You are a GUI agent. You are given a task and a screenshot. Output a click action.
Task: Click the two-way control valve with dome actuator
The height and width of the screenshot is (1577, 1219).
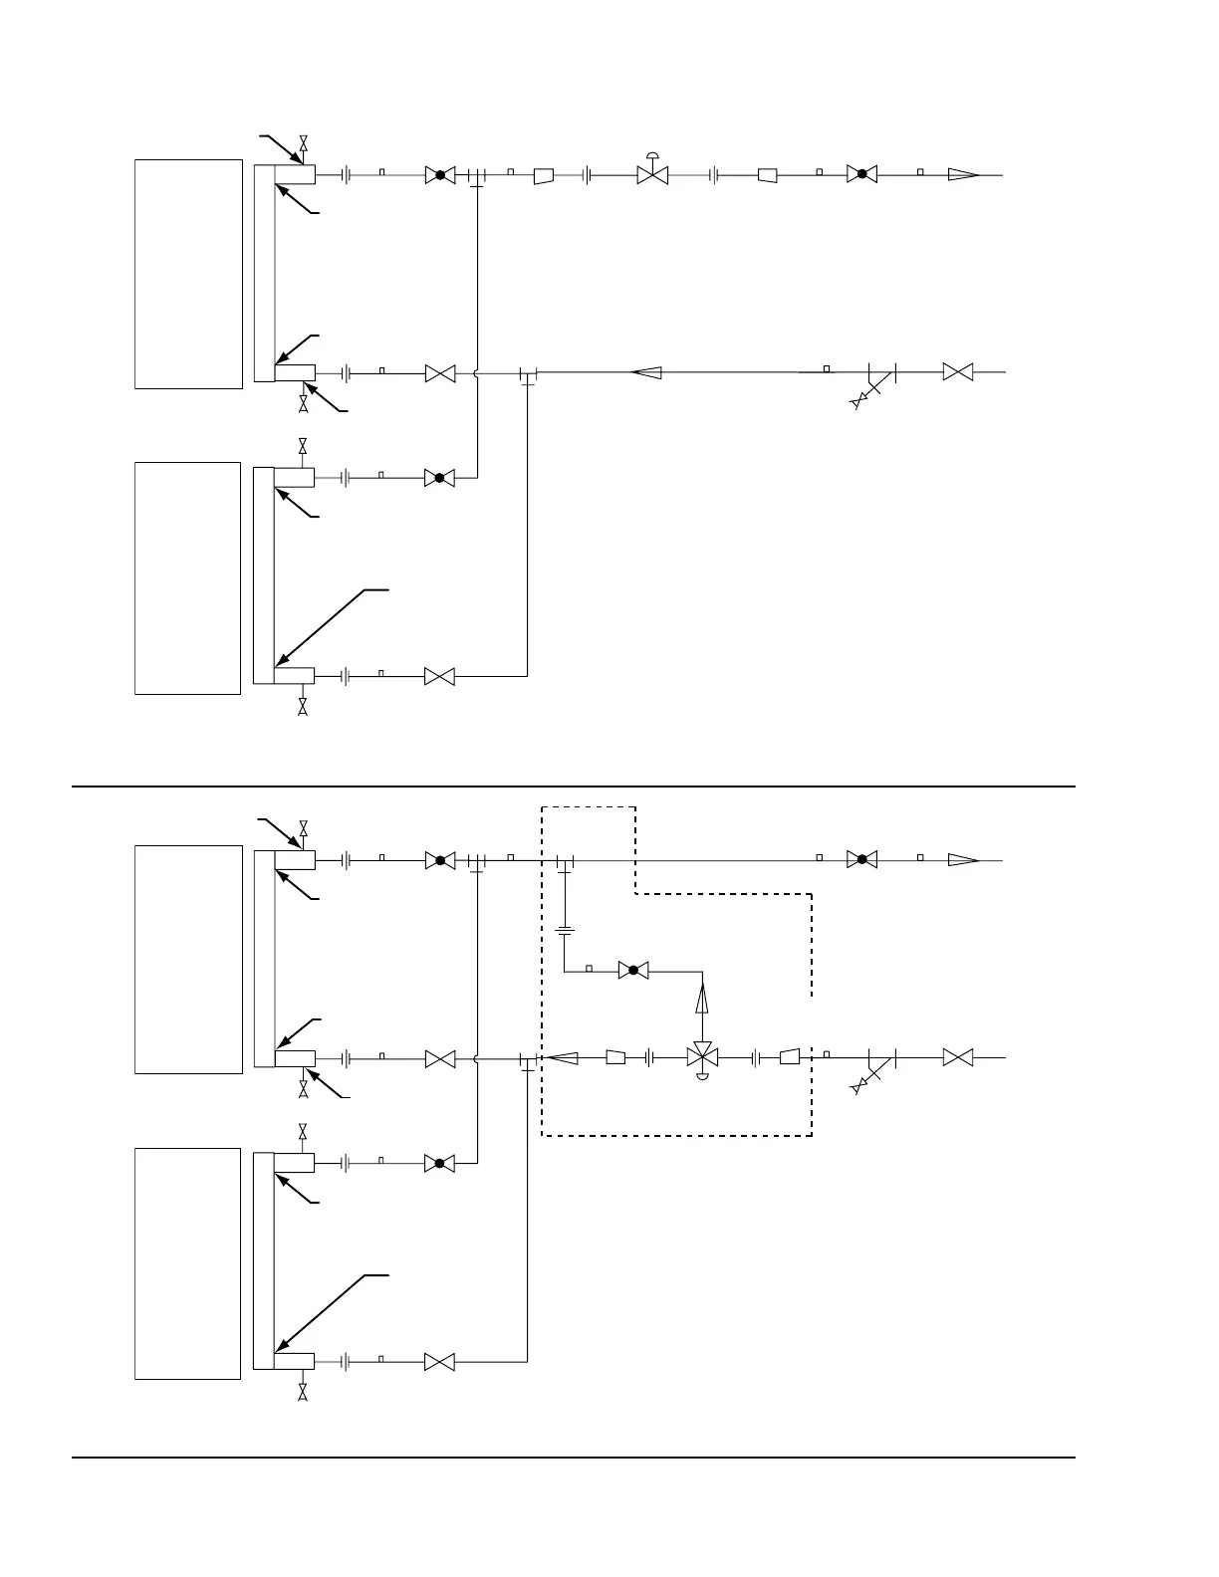tap(652, 173)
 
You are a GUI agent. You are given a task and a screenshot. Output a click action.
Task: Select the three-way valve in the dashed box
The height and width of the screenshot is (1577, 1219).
tap(703, 1056)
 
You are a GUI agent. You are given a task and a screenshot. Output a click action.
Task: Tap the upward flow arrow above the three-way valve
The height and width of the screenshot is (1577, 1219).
tap(703, 997)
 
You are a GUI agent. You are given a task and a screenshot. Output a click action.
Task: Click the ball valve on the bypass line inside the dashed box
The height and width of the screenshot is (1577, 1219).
tap(632, 970)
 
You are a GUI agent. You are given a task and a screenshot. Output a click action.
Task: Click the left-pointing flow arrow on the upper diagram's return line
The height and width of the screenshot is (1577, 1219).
tap(647, 373)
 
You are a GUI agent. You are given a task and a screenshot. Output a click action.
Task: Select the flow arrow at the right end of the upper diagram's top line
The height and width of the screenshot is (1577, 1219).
tap(962, 174)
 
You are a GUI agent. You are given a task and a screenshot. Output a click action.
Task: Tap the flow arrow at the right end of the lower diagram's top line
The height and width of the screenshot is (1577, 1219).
tap(962, 859)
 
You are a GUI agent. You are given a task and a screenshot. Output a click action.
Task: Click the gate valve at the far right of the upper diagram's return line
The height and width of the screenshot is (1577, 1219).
tap(957, 372)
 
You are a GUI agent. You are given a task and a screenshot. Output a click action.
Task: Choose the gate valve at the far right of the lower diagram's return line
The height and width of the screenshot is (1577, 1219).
tap(957, 1056)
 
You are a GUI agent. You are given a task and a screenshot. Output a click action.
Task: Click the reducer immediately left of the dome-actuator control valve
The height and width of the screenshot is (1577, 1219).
tap(544, 175)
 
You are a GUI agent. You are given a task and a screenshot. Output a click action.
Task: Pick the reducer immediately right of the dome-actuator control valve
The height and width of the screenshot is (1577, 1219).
tap(767, 175)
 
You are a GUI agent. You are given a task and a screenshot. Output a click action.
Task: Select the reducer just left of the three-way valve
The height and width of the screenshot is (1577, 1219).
tap(615, 1056)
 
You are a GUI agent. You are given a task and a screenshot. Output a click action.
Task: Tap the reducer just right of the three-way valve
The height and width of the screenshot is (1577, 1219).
tap(789, 1056)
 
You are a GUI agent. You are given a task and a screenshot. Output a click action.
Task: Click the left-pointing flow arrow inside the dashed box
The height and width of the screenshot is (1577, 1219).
tap(563, 1056)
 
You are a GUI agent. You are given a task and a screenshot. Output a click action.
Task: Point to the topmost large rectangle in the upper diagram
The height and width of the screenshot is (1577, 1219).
tap(188, 274)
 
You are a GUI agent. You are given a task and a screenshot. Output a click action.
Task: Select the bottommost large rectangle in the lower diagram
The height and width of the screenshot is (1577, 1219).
tap(188, 1263)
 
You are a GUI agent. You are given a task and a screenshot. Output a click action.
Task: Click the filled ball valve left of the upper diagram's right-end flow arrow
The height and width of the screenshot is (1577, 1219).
tap(861, 174)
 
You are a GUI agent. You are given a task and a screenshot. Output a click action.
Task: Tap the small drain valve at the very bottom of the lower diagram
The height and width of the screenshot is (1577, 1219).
tap(303, 1392)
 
